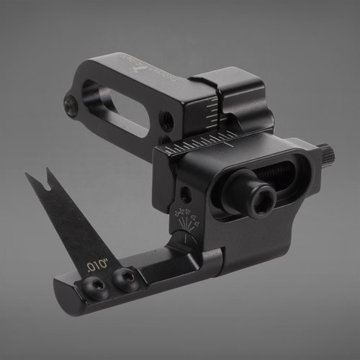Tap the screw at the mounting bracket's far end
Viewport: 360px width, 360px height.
[x=71, y=106]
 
